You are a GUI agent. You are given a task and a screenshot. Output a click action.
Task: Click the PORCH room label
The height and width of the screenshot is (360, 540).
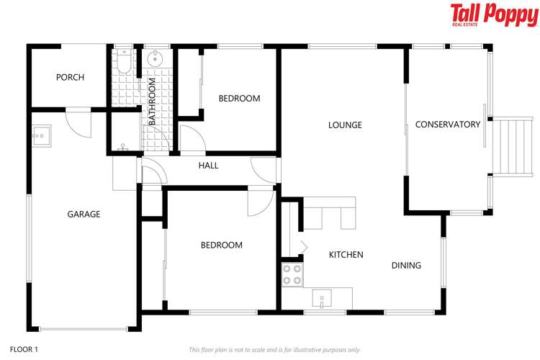coord(70,78)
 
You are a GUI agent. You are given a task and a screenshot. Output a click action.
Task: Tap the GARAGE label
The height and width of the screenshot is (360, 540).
coord(84,214)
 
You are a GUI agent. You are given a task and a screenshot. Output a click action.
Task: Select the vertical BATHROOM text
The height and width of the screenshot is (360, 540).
coord(152,102)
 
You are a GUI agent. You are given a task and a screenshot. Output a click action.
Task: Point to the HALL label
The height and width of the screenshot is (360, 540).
coord(208,166)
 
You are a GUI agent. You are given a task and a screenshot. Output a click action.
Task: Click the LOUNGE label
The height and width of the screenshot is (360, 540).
coord(345,125)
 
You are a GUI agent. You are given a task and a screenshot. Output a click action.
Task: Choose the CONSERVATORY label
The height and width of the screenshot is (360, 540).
coord(447,125)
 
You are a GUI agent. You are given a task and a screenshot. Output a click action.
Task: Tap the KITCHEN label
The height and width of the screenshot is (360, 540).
coord(346,255)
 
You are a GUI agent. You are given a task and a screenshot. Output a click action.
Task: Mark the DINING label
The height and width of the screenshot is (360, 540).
coord(406,266)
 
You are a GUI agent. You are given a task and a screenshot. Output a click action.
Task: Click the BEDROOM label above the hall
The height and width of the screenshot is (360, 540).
coord(239,99)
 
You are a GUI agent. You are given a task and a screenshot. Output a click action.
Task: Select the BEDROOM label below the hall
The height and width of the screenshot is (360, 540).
coord(221,246)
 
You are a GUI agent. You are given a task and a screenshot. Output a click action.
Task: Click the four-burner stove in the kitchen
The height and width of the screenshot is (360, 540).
coord(292,274)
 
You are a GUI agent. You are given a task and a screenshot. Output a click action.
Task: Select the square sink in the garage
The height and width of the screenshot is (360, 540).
coord(40,133)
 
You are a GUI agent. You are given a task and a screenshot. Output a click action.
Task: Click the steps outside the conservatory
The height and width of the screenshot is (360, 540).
coord(513,147)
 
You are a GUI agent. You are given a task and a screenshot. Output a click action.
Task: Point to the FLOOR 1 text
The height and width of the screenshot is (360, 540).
coord(24,349)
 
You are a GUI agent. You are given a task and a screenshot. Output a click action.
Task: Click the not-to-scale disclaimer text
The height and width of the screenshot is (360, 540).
coord(274,350)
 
